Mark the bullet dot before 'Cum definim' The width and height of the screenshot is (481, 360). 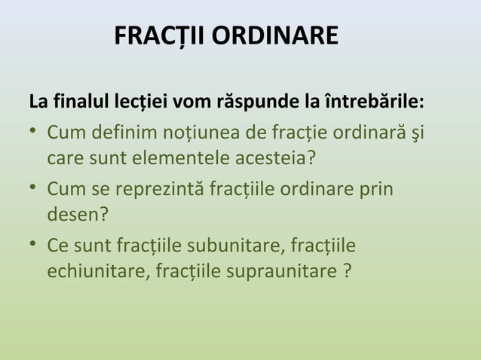pos(34,133)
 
